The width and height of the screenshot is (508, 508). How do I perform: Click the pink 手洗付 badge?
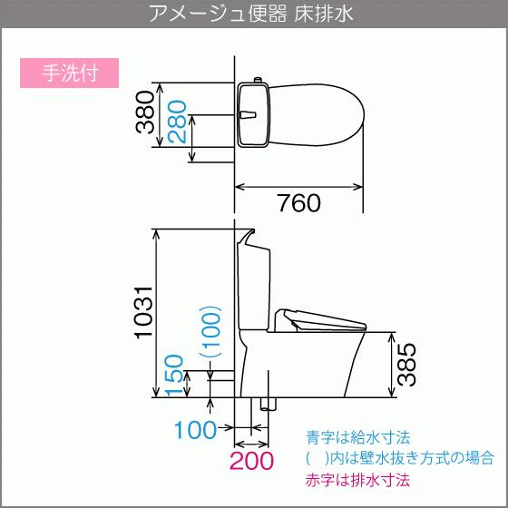[x=69, y=73]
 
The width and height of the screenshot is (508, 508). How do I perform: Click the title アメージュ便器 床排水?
[x=250, y=14]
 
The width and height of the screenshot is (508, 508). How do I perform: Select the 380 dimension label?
[x=144, y=112]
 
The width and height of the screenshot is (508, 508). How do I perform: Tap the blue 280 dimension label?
[x=177, y=122]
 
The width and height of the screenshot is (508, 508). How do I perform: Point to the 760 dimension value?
[x=299, y=203]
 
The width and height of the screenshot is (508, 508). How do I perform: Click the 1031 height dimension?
[x=143, y=313]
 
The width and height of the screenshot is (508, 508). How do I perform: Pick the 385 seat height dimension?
[x=406, y=365]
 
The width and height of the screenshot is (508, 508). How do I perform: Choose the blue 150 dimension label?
[x=174, y=376]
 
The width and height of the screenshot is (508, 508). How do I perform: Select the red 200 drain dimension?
[x=251, y=461]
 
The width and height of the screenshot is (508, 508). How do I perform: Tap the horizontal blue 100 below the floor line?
[x=196, y=430]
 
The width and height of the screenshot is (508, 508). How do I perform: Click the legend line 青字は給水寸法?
[x=358, y=437]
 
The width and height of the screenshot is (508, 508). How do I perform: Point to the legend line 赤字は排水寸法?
[x=357, y=480]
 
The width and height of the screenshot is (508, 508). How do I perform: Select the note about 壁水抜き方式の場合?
[x=400, y=458]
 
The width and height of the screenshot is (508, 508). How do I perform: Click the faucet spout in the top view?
[x=249, y=114]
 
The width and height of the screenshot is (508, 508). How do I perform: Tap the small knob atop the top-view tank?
[x=258, y=80]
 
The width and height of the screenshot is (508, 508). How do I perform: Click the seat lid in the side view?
[x=320, y=320]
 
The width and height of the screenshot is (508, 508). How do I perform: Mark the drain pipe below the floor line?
[x=269, y=404]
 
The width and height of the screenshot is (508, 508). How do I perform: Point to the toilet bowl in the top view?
[x=317, y=115]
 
